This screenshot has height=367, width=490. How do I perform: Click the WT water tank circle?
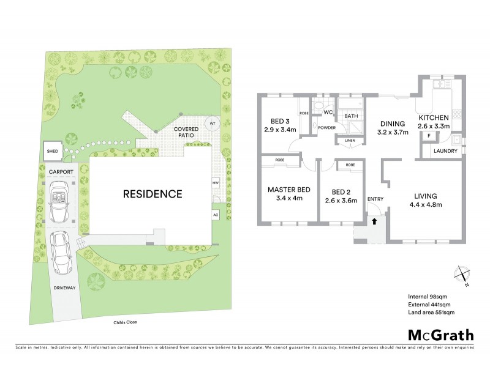point(213,124)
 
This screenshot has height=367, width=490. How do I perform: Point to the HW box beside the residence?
point(215,183)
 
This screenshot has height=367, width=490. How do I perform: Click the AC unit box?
point(215,215)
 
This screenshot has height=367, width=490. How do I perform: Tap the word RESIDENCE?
point(153,195)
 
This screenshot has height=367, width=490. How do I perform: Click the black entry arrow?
point(374,221)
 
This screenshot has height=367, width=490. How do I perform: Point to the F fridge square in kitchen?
point(429,135)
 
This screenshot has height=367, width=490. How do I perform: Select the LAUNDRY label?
point(445,150)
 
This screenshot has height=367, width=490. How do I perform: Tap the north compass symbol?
point(464,276)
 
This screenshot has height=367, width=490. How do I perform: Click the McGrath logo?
point(440,335)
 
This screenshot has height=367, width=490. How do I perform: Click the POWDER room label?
point(325,128)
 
